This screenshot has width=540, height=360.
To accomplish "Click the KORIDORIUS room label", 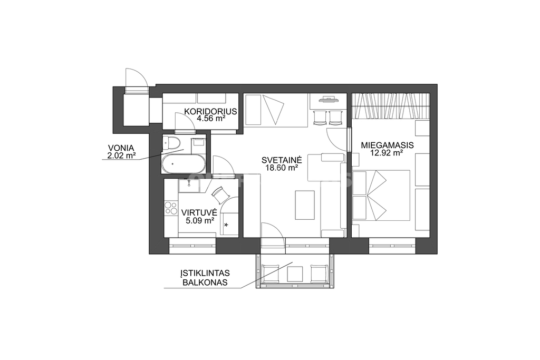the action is point(210,112).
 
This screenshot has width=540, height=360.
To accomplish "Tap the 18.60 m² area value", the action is point(282,168).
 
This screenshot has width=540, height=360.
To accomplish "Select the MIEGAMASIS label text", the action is point(387,145).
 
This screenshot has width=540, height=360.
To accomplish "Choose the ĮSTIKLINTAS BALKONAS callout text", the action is point(205,278).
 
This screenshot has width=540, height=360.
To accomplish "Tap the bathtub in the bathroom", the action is point(183,164).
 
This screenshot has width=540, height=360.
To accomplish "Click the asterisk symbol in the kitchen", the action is point(226,225).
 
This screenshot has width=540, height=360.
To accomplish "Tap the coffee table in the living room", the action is point(305,205).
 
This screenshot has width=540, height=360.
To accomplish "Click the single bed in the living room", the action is point(275,110).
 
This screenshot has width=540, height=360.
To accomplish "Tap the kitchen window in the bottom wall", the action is point(192,246).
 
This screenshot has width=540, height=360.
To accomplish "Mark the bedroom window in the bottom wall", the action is point(392,246).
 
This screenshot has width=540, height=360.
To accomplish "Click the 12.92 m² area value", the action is point(387,153).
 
